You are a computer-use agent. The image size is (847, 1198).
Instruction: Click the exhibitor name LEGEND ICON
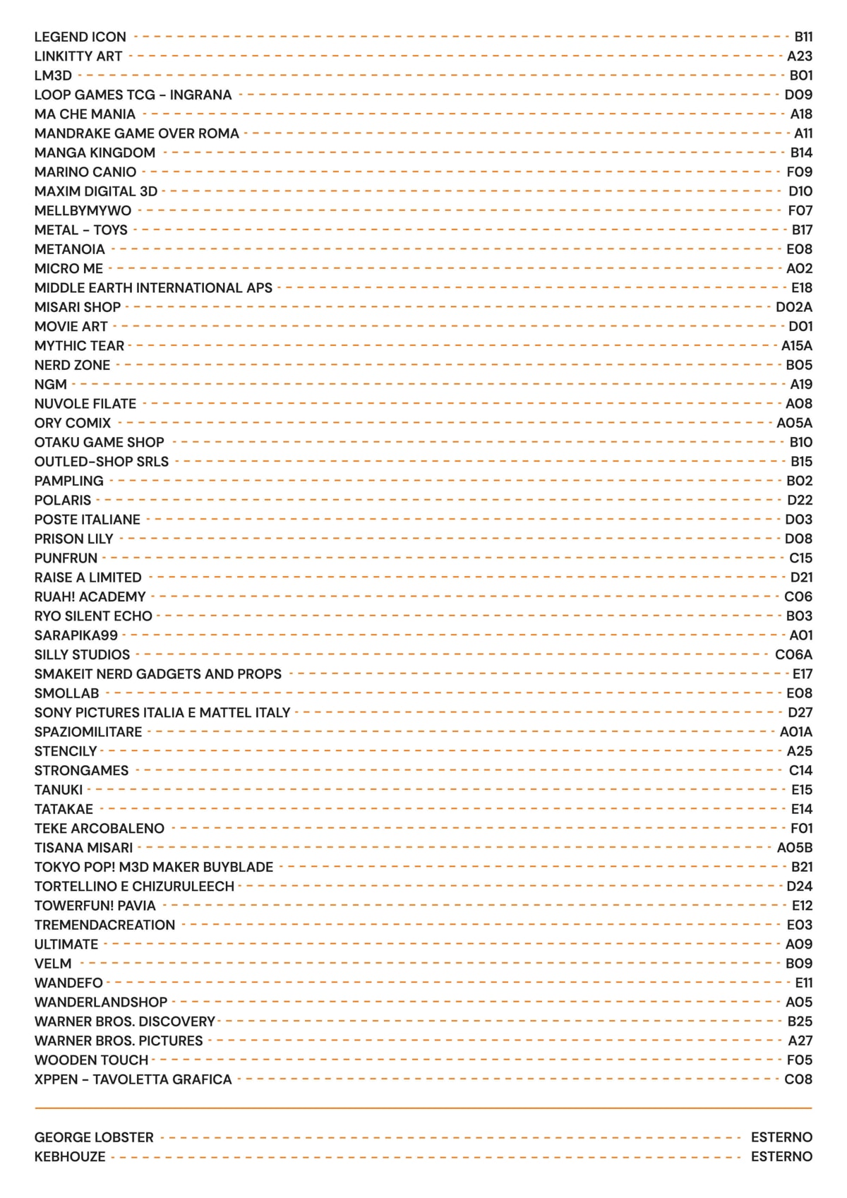80,37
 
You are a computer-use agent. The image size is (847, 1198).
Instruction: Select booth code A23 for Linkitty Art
800,56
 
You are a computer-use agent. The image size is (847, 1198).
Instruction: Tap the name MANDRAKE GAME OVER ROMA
136,133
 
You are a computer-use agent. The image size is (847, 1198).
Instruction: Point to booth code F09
800,172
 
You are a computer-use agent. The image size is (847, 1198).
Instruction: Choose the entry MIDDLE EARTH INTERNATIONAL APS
153,288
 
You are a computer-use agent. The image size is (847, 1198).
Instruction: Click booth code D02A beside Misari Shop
794,307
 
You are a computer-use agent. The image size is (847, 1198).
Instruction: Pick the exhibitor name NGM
50,385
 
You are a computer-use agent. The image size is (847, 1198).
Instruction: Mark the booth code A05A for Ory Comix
795,423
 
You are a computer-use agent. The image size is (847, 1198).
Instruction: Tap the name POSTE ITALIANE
87,520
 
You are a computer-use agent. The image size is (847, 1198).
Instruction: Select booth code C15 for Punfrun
800,558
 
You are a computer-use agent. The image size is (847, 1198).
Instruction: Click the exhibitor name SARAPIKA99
76,635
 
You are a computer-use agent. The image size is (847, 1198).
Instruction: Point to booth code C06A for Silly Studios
793,654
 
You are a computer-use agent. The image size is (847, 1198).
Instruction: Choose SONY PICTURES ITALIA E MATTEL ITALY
162,712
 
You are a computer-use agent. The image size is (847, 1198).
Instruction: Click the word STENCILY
66,751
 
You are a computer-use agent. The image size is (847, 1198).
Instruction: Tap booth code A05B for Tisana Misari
795,848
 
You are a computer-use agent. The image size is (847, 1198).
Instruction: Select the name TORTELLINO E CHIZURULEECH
134,886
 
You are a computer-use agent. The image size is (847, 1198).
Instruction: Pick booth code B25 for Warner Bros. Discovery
800,1022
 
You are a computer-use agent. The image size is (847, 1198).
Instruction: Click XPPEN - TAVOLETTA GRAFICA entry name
133,1079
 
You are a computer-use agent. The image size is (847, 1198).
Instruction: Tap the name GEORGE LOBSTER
94,1137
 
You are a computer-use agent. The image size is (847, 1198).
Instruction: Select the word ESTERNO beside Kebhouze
781,1156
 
